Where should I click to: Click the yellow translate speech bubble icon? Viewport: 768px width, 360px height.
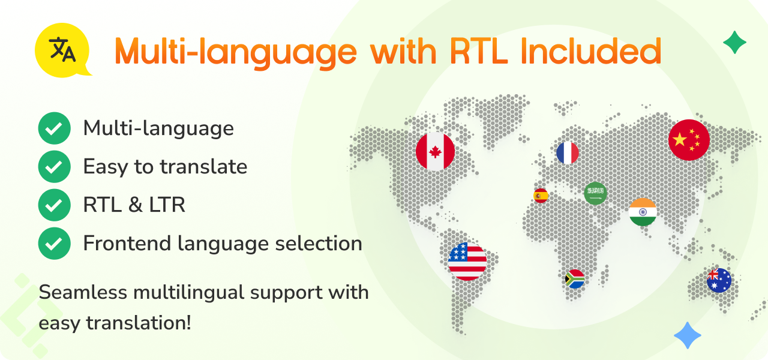[62, 50]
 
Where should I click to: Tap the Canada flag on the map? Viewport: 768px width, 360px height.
[436, 151]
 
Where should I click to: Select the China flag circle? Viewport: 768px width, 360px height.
[689, 140]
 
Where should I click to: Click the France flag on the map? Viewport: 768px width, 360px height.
[568, 153]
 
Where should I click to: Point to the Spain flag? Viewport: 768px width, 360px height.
[541, 196]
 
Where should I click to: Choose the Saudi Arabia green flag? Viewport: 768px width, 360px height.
[596, 194]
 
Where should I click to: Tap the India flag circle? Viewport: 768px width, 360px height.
[643, 212]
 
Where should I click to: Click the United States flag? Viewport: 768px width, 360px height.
[467, 261]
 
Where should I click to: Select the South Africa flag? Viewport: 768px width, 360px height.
[575, 279]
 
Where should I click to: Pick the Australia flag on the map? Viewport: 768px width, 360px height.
[719, 280]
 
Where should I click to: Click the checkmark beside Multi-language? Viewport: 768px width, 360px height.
[54, 128]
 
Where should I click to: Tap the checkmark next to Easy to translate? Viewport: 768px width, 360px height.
[54, 167]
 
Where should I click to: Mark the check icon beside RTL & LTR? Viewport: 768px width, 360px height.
[54, 205]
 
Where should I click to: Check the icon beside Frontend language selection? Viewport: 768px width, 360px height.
[54, 244]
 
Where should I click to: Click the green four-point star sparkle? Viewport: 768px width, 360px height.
[735, 43]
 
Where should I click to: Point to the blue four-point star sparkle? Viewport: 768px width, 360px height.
[688, 335]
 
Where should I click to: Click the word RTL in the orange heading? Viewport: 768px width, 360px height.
[479, 52]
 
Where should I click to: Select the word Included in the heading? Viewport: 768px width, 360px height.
[591, 51]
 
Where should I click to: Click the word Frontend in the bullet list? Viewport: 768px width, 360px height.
[127, 244]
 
